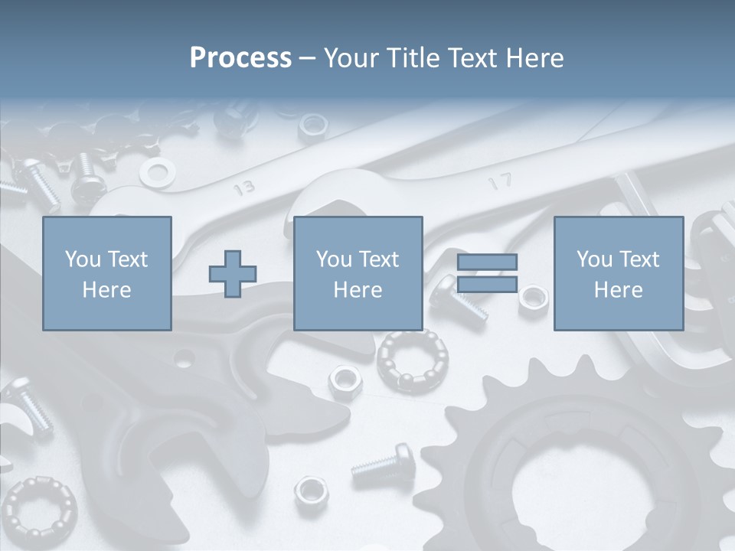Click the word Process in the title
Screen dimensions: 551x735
240,58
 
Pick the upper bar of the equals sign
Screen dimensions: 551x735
487,262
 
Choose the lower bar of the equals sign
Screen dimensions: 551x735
487,285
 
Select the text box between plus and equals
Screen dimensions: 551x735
358,273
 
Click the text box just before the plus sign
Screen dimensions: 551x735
106,273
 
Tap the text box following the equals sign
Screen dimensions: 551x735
618,273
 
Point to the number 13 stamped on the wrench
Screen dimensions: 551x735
243,187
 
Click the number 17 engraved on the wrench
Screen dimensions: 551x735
500,181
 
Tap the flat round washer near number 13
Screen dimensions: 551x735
157,174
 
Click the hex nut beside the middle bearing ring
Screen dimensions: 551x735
345,377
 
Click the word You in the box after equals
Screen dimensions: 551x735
594,259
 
